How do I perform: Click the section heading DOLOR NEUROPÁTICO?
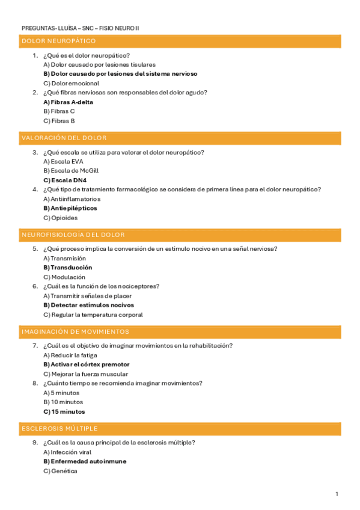[58, 41]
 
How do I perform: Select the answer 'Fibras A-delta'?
[69, 102]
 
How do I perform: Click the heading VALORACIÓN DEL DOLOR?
[64, 138]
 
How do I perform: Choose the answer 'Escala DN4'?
[65, 180]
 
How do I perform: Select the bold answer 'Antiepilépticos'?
[70, 208]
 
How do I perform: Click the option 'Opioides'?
[61, 218]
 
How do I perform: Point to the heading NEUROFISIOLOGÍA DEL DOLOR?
[73, 235]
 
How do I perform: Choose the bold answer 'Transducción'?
[67, 268]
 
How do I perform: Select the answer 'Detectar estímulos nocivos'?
[88, 305]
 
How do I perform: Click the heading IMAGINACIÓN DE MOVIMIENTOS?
[75, 331]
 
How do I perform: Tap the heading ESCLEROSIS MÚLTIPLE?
[59, 428]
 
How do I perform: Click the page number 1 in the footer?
[337, 494]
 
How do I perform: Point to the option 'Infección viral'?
[67, 452]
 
